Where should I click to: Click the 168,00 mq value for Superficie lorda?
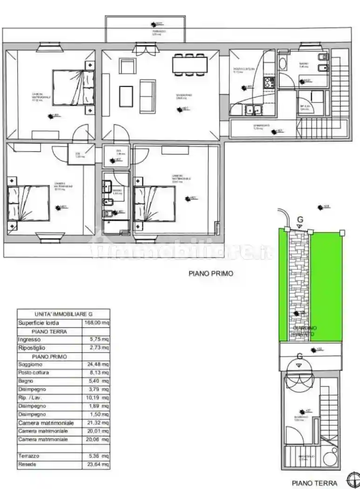click(x=96, y=323)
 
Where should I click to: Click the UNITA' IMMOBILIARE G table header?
click(x=63, y=314)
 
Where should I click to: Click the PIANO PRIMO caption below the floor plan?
click(x=211, y=274)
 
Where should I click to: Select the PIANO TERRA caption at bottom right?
click(x=313, y=483)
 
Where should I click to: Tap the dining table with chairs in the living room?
click(x=190, y=64)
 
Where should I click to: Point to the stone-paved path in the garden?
click(x=298, y=284)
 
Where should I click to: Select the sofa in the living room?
click(x=148, y=95)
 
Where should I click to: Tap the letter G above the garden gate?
click(x=300, y=219)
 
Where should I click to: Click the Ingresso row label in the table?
click(x=29, y=340)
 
